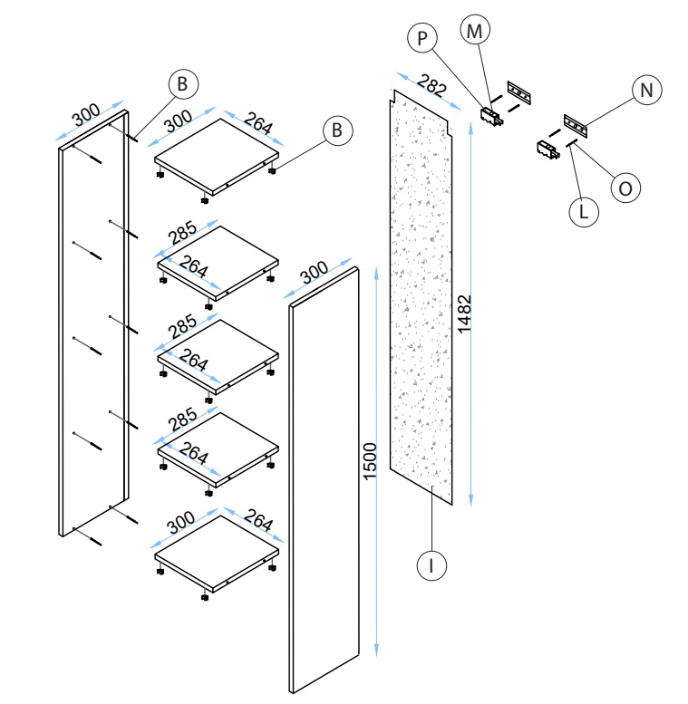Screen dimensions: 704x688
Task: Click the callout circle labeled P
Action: click(421, 39)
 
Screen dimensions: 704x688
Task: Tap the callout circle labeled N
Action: click(647, 90)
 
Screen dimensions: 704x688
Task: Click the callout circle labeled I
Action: click(431, 565)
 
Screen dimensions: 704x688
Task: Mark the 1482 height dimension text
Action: click(464, 315)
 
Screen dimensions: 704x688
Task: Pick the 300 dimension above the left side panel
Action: click(86, 116)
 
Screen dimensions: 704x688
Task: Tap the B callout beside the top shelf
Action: click(337, 130)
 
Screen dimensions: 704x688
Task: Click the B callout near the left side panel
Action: click(182, 84)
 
